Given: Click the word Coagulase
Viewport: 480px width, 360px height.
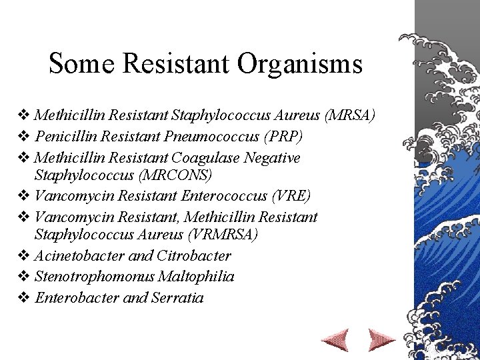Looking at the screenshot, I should coord(201,157).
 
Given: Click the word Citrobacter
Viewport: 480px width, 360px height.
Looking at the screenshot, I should coord(193,255).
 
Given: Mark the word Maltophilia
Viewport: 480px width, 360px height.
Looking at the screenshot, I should coord(196,276).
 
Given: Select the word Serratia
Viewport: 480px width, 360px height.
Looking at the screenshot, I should coord(177,297).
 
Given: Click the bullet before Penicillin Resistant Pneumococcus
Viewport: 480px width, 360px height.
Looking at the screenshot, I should coord(25,137).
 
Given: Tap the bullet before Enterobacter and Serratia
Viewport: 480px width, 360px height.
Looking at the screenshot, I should coord(25,297).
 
